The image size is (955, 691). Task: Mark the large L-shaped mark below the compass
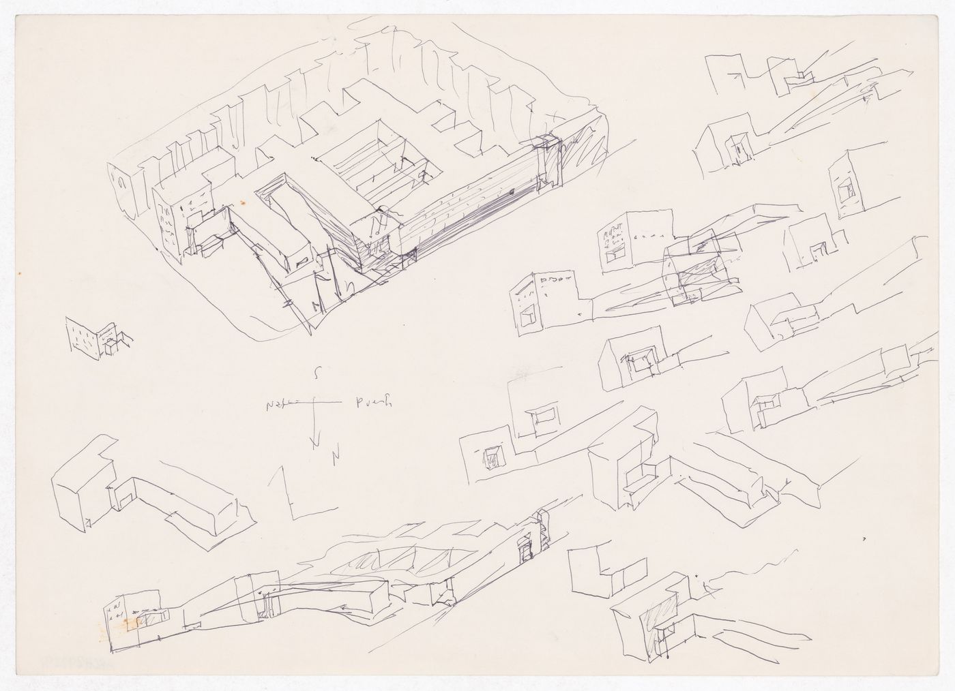pos(290,492)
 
